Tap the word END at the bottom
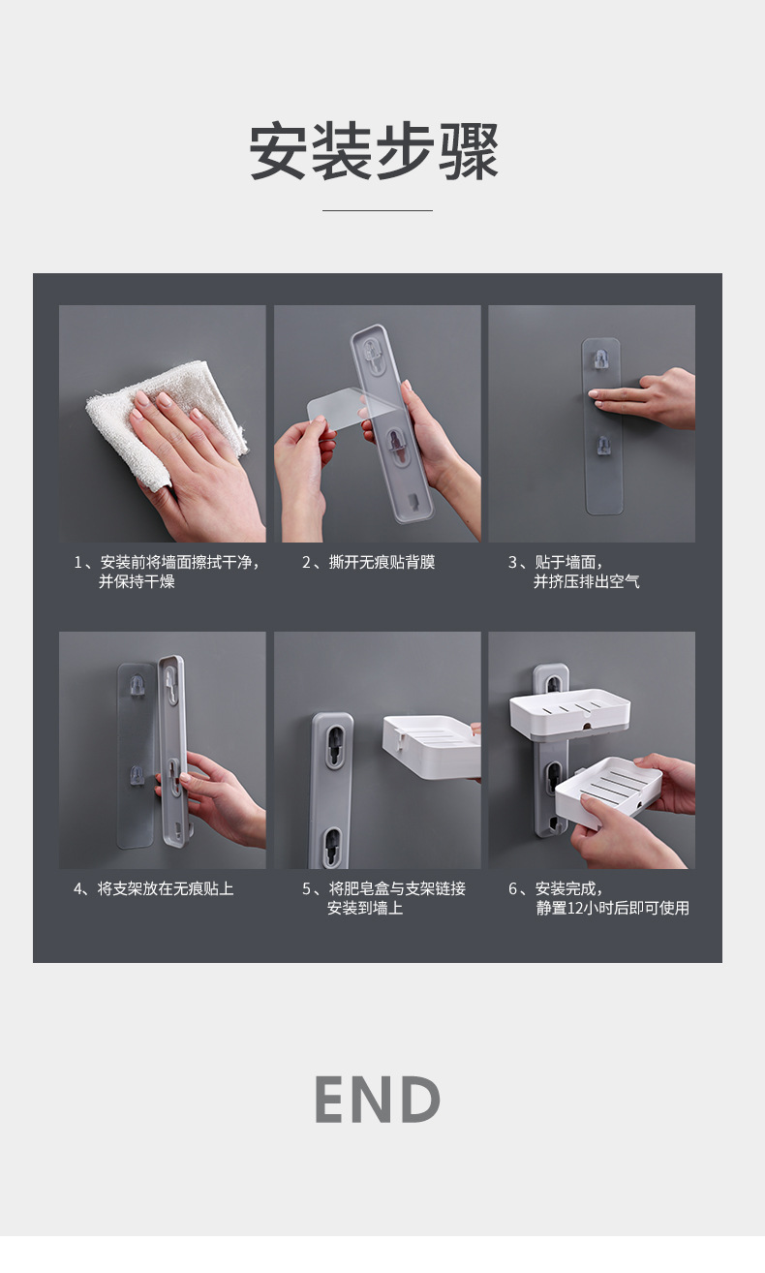pos(378,1100)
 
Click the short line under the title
pos(377,210)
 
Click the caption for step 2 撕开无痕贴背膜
pos(368,563)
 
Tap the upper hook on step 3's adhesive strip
pos(601,358)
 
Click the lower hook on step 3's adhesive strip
pos(602,445)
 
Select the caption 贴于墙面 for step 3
pos(556,563)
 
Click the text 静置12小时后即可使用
pos(612,909)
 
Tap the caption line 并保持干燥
pos(137,582)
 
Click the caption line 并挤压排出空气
pos(586,582)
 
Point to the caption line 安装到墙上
pos(364,909)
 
